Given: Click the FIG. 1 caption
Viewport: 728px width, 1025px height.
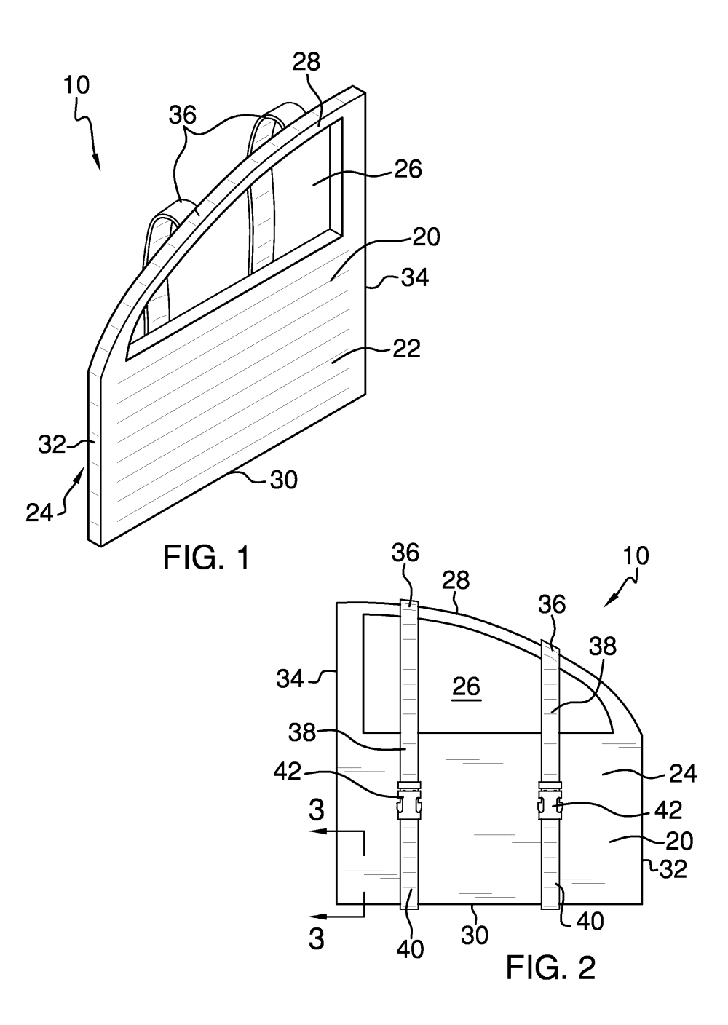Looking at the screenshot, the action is point(207,558).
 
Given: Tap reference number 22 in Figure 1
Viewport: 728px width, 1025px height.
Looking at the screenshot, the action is point(406,349).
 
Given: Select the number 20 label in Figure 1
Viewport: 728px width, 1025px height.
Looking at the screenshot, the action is point(426,237).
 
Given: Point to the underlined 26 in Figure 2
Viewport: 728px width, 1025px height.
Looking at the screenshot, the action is point(467,686).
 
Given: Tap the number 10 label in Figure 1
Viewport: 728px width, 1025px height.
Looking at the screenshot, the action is point(77,85).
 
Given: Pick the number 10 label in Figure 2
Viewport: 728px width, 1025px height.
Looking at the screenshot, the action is point(636,555).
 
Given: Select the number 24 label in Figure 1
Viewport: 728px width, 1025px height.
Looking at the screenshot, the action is point(40,513).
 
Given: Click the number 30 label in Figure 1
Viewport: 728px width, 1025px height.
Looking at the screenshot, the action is point(283,480).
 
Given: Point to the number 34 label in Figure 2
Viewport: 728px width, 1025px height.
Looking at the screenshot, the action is point(290,679).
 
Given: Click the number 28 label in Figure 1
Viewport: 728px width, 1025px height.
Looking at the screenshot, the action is point(306,61).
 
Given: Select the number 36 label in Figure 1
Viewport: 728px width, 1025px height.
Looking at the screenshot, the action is point(183,115).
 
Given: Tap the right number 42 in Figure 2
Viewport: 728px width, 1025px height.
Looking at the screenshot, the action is point(668,810).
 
